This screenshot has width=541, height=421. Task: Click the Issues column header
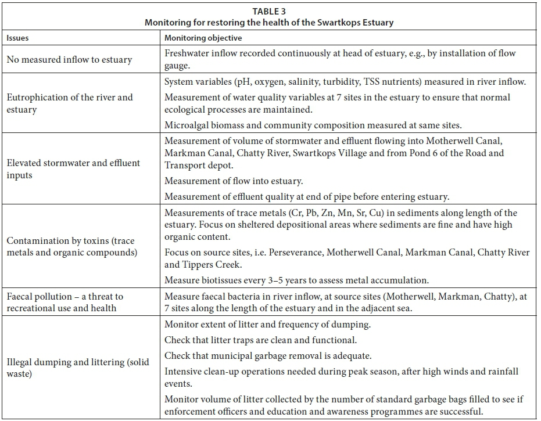pyautogui.click(x=17, y=38)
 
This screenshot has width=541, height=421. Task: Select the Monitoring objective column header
pyautogui.click(x=203, y=38)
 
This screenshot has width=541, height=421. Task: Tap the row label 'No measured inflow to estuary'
pyautogui.click(x=69, y=59)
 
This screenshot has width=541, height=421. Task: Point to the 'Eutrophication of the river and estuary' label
pyautogui.click(x=70, y=103)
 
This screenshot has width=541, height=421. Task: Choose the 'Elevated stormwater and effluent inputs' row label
pyautogui.click(x=73, y=168)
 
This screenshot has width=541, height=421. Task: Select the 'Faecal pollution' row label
pyautogui.click(x=65, y=302)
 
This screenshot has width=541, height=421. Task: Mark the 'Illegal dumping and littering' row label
pyautogui.click(x=77, y=368)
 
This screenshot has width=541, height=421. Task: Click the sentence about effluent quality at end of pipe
pyautogui.click(x=306, y=197)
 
